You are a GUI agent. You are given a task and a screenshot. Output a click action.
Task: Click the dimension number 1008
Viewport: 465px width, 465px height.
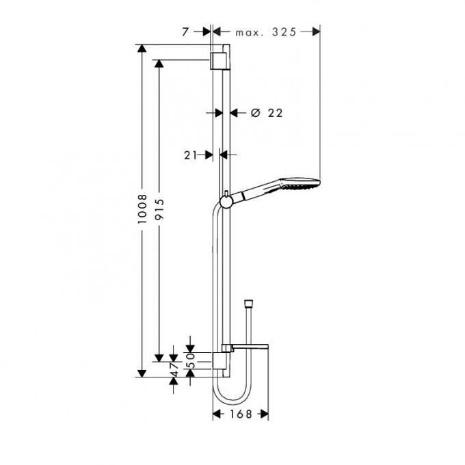tap(143, 209)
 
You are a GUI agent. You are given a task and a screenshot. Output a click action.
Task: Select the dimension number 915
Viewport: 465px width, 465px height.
tap(159, 209)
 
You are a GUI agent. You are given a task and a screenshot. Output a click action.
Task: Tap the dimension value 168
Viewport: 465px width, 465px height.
tap(241, 414)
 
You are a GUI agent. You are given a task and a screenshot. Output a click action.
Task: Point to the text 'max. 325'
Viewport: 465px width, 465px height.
tap(266, 32)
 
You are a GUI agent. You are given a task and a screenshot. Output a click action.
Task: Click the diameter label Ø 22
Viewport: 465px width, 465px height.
tap(267, 113)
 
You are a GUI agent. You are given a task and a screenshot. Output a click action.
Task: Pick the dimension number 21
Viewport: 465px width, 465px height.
tap(190, 155)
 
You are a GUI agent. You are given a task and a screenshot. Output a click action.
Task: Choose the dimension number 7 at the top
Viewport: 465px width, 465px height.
tap(185, 32)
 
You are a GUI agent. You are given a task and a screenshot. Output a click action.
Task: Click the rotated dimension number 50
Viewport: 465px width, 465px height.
tap(192, 360)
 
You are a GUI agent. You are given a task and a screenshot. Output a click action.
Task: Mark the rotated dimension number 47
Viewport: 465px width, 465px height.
tap(174, 369)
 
